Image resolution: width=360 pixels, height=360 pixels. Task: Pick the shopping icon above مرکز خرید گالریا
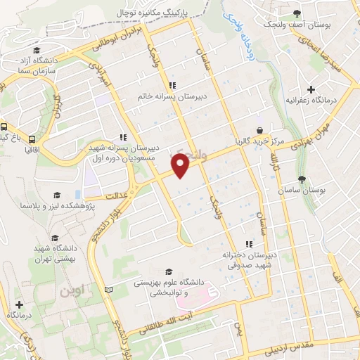260,130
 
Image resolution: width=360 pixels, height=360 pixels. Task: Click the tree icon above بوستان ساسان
302,179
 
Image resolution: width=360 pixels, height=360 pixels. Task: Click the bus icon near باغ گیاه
4,128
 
